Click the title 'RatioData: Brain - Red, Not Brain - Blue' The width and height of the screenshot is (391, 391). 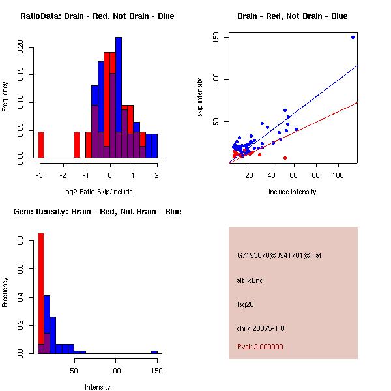(x=97, y=16)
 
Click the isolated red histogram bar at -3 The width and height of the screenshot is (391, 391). (x=41, y=145)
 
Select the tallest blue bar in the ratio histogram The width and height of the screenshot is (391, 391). (x=119, y=98)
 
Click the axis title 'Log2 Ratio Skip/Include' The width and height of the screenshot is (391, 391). (x=97, y=192)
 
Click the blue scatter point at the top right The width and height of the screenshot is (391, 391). (x=353, y=37)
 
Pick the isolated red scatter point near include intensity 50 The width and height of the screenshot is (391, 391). (x=285, y=158)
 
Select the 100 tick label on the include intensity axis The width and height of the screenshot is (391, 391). (x=338, y=175)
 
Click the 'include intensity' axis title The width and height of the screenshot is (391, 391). (x=292, y=192)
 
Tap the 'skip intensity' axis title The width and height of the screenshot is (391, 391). (x=200, y=98)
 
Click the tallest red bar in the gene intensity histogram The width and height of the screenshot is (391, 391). (x=41, y=293)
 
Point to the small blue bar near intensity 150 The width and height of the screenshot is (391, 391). (x=154, y=352)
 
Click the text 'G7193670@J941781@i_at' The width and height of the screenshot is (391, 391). (x=280, y=255)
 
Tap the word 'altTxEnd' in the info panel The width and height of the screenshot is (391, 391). (x=250, y=280)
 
